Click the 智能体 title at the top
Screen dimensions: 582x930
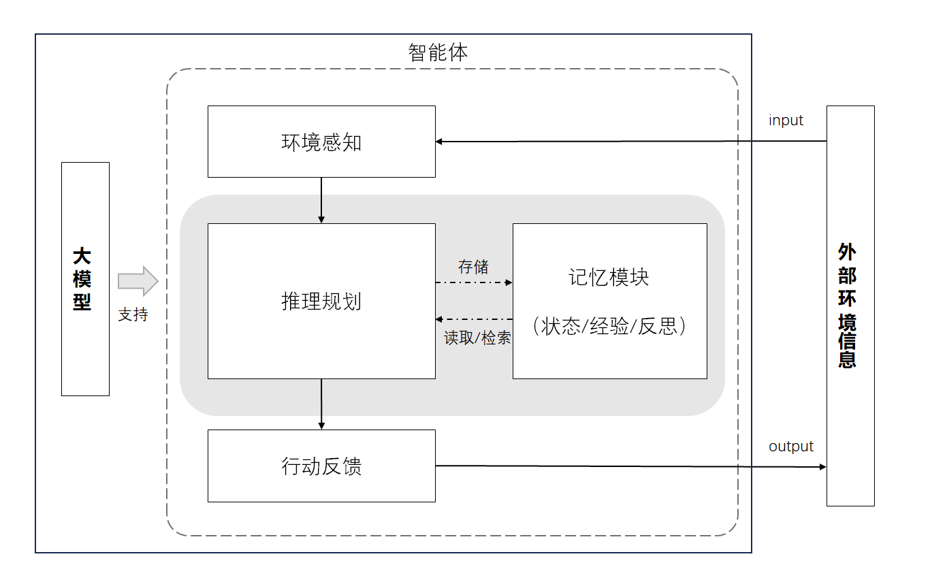tap(438, 52)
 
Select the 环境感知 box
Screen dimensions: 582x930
tap(321, 142)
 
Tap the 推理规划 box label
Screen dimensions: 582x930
tap(321, 301)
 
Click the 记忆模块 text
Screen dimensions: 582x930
tap(609, 277)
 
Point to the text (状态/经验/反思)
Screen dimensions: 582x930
tap(609, 326)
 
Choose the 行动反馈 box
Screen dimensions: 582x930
tap(321, 466)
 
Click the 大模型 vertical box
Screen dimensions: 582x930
tap(85, 278)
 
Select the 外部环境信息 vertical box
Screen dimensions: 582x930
tap(850, 306)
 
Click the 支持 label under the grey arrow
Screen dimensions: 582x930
tap(133, 314)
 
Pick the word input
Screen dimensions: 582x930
tap(786, 120)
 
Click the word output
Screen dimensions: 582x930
tap(790, 447)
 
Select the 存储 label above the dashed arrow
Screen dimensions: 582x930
tap(473, 267)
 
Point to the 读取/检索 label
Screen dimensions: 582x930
tap(477, 338)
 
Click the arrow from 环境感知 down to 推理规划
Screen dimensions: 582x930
tap(321, 200)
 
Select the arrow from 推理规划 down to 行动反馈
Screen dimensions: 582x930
tap(321, 404)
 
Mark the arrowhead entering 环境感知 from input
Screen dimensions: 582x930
tap(440, 142)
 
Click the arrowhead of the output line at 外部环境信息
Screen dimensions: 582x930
tap(822, 467)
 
